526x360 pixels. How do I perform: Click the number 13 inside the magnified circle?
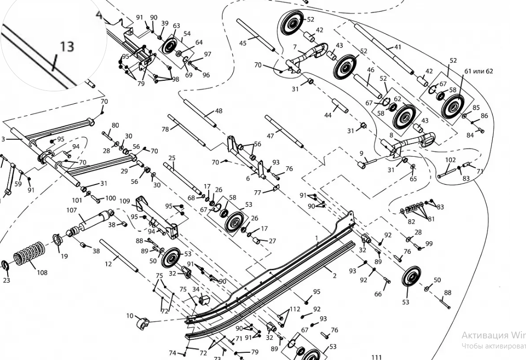[67, 46]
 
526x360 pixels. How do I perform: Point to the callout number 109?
[125, 200]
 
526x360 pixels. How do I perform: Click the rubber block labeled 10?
[142, 323]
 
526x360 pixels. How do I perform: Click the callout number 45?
[243, 43]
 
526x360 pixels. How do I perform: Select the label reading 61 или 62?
[479, 71]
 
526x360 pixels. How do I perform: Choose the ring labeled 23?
[6, 265]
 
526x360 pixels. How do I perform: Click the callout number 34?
[196, 289]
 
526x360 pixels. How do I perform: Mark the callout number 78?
[165, 129]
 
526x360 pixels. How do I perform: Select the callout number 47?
[270, 136]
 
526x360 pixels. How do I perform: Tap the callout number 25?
[172, 158]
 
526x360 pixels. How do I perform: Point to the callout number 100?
[111, 198]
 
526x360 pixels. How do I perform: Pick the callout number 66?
[378, 294]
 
